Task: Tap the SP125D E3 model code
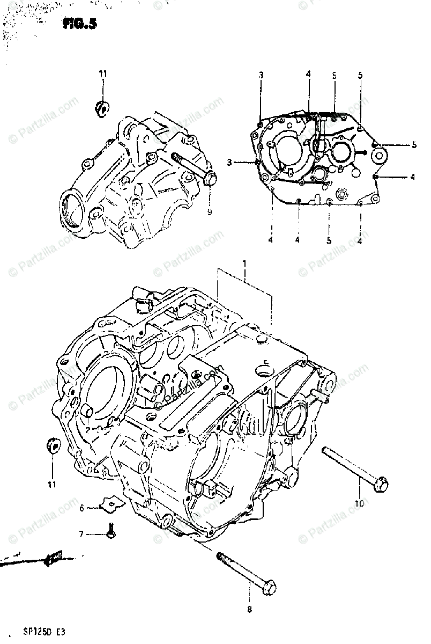44,633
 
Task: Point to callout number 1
244,264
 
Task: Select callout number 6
82,508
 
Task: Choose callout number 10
359,503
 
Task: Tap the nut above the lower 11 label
54,445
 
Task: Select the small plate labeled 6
112,503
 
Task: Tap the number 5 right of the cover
414,144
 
